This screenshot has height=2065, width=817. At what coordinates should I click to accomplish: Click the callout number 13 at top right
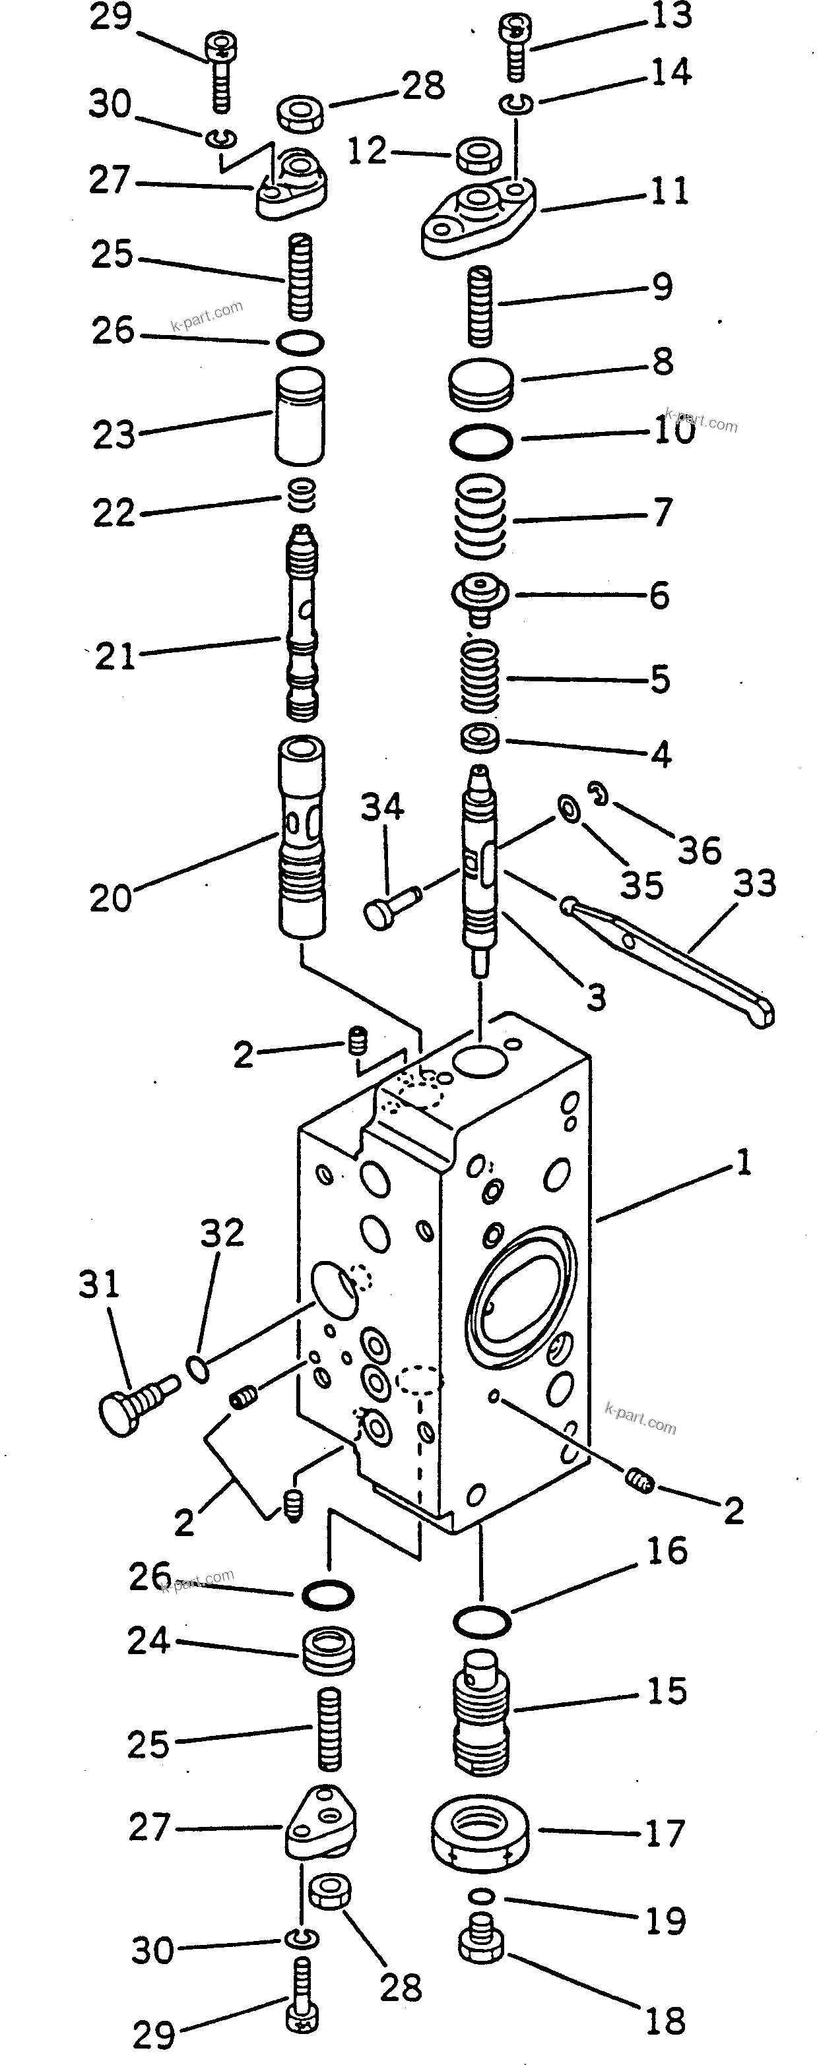point(671,16)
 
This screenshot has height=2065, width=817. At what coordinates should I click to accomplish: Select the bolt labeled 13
point(515,49)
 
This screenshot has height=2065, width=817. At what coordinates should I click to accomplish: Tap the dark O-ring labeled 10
point(480,442)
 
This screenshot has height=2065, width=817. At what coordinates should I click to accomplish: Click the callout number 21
point(115,656)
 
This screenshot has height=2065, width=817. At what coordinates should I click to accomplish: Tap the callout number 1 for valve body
point(744,1161)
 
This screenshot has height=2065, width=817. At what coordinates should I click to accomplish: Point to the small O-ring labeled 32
point(198,1369)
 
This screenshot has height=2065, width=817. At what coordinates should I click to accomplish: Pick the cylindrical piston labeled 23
point(300,416)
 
